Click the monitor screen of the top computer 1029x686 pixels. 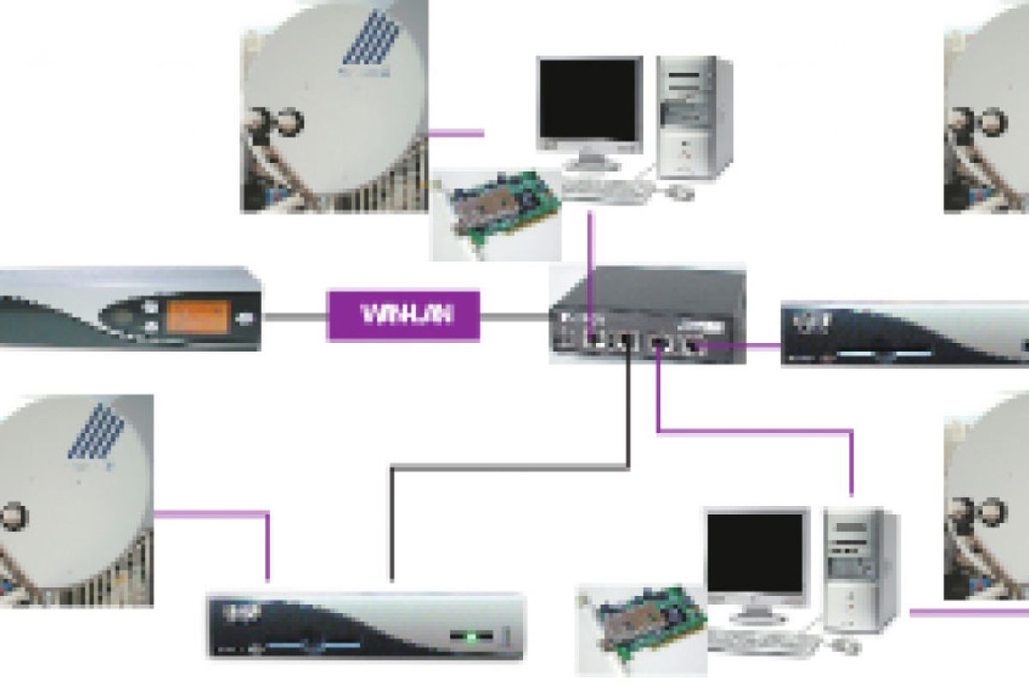point(589,100)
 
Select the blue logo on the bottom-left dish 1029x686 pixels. point(94,437)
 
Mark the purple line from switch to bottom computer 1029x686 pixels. point(755,430)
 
